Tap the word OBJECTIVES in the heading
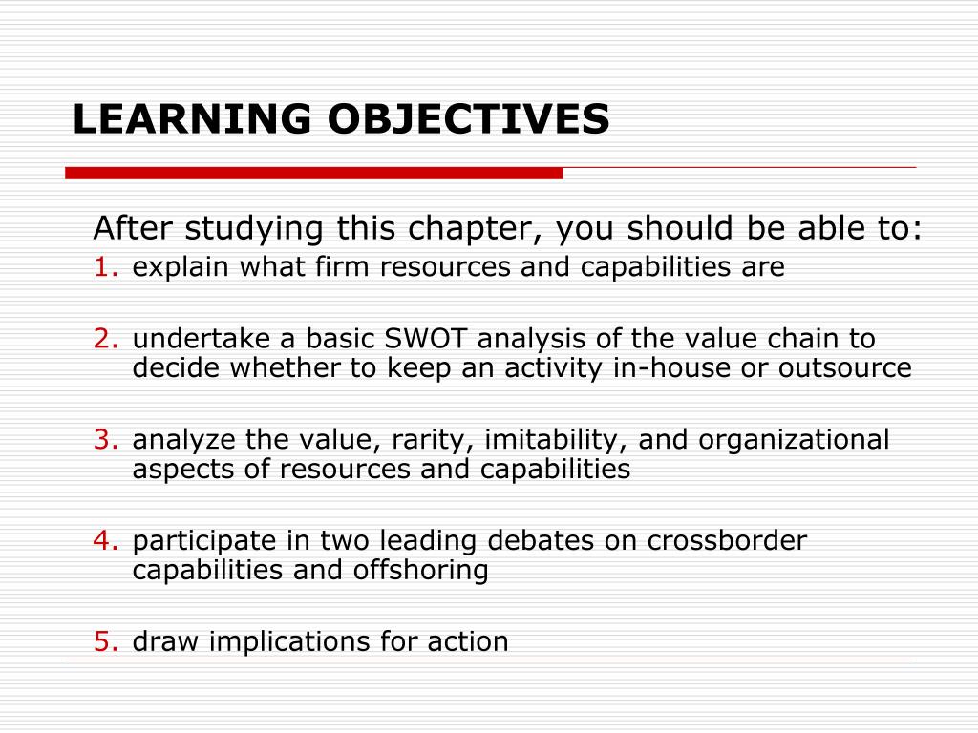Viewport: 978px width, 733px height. [x=468, y=120]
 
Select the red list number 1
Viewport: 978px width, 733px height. [x=105, y=268]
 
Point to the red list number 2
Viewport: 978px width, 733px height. [x=105, y=340]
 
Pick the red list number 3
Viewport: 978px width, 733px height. [x=105, y=440]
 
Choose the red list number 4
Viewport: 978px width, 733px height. [x=105, y=541]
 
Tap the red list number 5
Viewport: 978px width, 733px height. [x=105, y=641]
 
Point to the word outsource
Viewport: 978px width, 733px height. [x=846, y=368]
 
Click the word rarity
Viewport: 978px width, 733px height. [x=434, y=440]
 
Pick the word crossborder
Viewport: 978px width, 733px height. [x=727, y=541]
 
